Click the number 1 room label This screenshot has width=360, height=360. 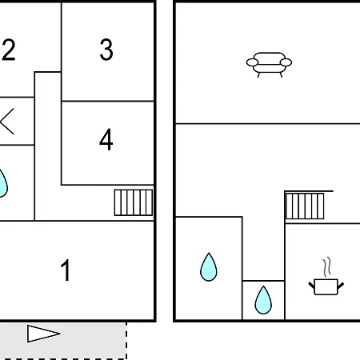point(66,270)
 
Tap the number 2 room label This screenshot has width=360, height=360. point(9,50)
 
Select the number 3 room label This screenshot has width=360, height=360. point(106,50)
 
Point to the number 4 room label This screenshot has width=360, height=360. point(106,139)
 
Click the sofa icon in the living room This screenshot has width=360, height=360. point(269,64)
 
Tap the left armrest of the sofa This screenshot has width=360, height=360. point(252,62)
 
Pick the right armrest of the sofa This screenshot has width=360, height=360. point(286,62)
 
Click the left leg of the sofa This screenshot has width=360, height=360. point(258,75)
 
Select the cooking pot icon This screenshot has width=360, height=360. point(326,286)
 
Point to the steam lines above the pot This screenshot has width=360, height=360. point(327,266)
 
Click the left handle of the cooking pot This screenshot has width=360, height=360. point(312,286)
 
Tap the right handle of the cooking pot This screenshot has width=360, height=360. point(341,286)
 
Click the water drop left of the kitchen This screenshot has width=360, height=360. point(263,300)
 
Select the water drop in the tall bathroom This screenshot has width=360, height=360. point(209,267)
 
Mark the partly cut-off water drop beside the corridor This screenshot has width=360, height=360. point(2,184)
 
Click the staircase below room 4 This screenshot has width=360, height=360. point(134,202)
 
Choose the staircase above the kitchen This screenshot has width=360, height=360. point(305,206)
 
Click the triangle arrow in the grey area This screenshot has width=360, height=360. point(43,334)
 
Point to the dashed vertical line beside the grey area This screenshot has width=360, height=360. point(126,341)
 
